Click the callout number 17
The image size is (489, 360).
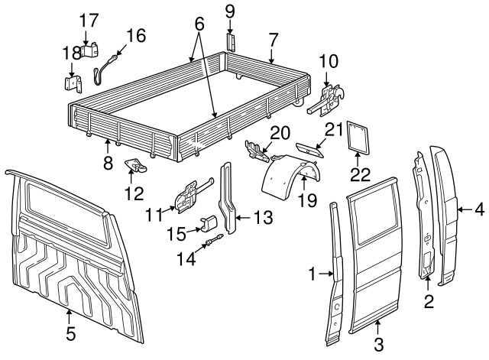[89, 19]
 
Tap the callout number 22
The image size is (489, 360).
[359, 174]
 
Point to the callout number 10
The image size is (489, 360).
[329, 60]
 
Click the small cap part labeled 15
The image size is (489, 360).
[209, 222]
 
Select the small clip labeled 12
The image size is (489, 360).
[138, 164]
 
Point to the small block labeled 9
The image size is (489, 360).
[229, 41]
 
